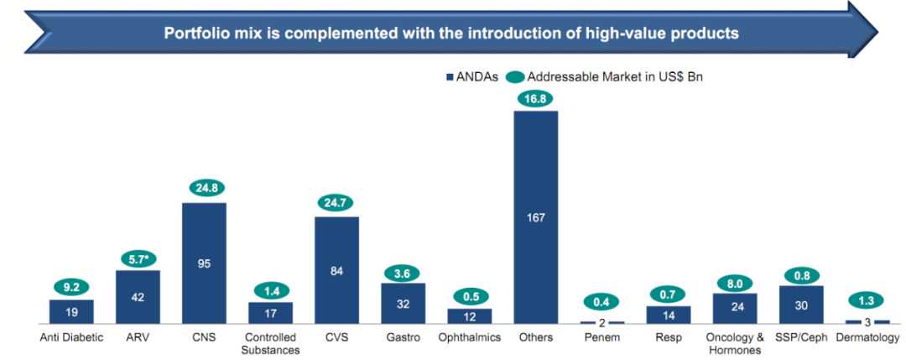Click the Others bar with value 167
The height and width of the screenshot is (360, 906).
535,217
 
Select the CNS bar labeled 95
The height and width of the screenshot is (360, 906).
204,263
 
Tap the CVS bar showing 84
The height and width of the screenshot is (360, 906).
336,270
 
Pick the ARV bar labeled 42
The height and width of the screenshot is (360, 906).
138,296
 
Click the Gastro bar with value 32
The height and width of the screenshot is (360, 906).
403,303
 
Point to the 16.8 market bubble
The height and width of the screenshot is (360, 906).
535,98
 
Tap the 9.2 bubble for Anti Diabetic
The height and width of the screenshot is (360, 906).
71,287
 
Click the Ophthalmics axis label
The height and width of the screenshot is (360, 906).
469,338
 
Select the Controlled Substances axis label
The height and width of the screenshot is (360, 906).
270,343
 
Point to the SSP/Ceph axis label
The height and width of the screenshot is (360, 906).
800,338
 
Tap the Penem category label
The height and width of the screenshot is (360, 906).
601,338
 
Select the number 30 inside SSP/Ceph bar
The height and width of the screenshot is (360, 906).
800,305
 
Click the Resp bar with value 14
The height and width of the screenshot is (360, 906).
668,315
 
